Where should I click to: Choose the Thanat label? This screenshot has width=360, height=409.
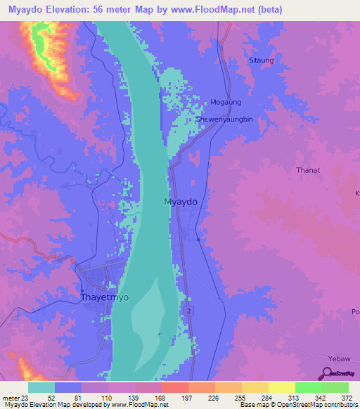click(x=308, y=169)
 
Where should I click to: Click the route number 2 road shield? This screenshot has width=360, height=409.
click(x=189, y=310)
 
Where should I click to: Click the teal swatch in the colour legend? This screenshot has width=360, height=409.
click(x=41, y=387)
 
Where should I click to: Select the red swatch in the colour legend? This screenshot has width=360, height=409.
click(x=174, y=387)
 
